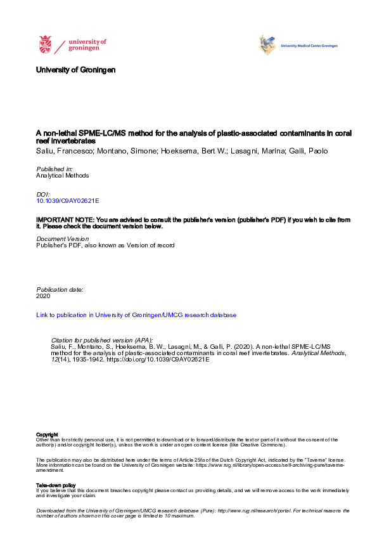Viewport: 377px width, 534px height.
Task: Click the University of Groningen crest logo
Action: [x=46, y=45]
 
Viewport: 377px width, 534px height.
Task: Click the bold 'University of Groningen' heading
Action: [x=76, y=70]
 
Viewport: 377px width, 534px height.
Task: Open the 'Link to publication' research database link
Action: [x=136, y=315]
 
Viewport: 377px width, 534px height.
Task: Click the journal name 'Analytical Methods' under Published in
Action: [x=63, y=176]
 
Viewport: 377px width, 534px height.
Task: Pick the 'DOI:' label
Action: [x=44, y=193]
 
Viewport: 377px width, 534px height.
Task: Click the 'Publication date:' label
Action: [x=60, y=289]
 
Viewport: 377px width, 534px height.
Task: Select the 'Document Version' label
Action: [x=63, y=238]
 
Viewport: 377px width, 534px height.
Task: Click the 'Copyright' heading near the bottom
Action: [x=48, y=434]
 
